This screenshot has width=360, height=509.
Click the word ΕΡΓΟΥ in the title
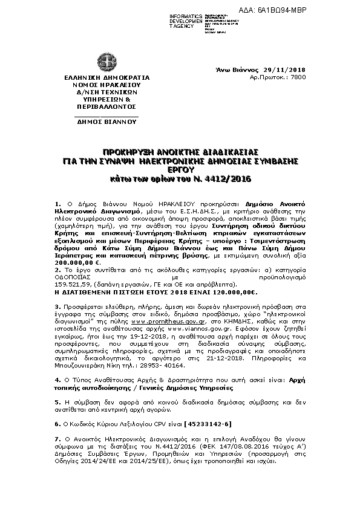point(180,170)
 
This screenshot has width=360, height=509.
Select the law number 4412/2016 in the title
point(229,180)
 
